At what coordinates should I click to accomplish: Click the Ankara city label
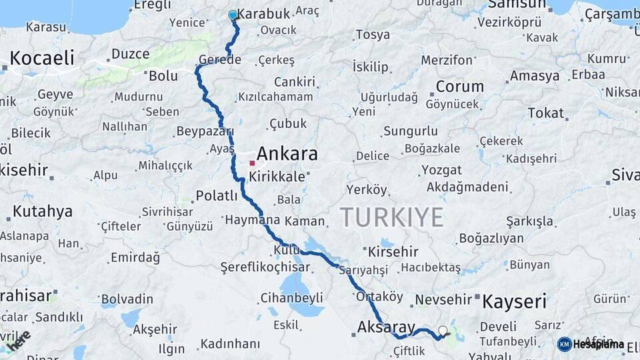click(287, 155)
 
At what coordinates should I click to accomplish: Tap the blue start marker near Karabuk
click(233, 15)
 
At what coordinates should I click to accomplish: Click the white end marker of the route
click(443, 330)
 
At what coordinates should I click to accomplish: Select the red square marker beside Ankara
click(252, 163)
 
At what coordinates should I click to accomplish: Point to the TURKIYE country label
click(392, 217)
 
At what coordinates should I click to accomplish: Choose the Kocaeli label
click(41, 58)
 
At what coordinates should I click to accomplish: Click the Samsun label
click(517, 5)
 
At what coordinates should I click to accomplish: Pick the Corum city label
click(460, 87)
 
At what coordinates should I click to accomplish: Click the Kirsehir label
click(393, 252)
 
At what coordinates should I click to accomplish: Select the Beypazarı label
click(205, 131)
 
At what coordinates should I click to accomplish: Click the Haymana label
click(253, 220)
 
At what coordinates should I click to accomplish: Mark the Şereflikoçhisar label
click(265, 267)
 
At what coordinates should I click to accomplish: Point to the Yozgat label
click(441, 170)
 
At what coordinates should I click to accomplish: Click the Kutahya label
click(42, 213)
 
